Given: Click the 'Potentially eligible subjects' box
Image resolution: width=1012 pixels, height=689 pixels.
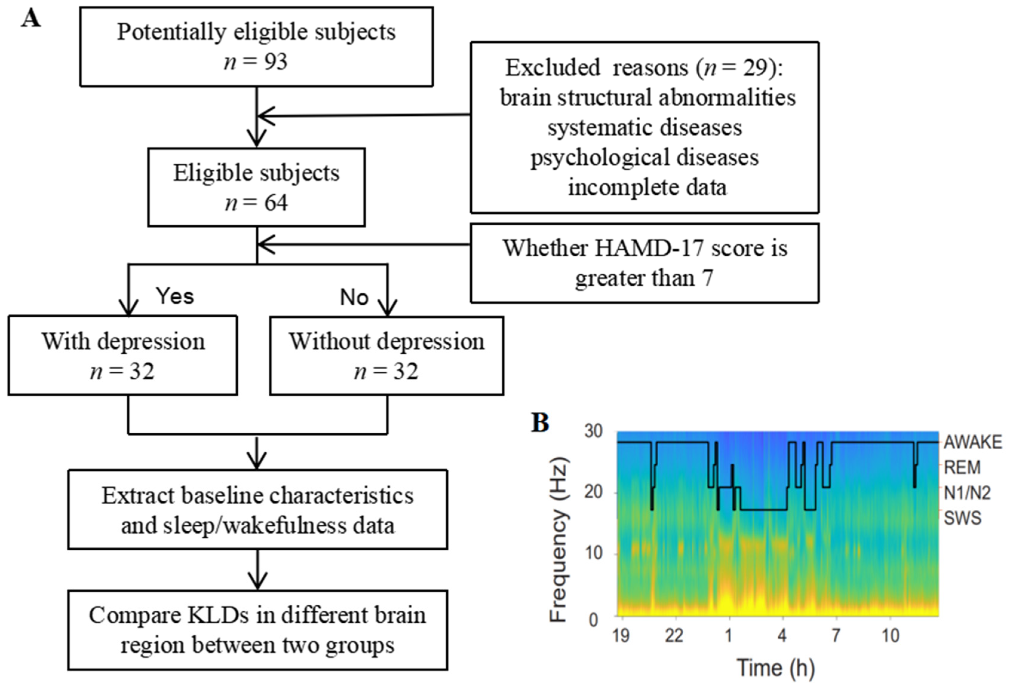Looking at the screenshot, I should pos(256,47).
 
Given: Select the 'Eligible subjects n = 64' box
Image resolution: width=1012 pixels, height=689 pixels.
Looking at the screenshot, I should pos(256,187).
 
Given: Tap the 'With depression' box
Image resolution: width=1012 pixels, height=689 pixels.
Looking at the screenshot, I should pos(123,356).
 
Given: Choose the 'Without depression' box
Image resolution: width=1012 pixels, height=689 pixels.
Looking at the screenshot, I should pos(387,356).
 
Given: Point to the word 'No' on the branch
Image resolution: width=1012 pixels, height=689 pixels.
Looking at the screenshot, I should pos(354,297).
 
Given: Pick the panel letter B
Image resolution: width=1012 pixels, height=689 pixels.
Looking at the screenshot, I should pos(540,422).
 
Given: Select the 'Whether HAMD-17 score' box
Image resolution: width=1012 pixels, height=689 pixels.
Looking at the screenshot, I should pos(645,263).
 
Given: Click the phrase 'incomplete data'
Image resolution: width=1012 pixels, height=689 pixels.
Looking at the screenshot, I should pos(647,187).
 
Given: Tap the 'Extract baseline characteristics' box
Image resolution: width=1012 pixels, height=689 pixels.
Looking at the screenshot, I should pos(257,509).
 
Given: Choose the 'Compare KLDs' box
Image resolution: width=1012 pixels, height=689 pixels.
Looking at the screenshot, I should pos(257,630).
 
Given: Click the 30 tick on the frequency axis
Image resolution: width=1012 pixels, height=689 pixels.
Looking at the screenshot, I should pos(593,431).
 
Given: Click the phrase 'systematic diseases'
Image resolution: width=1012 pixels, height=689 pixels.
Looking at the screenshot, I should pos(645,127).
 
